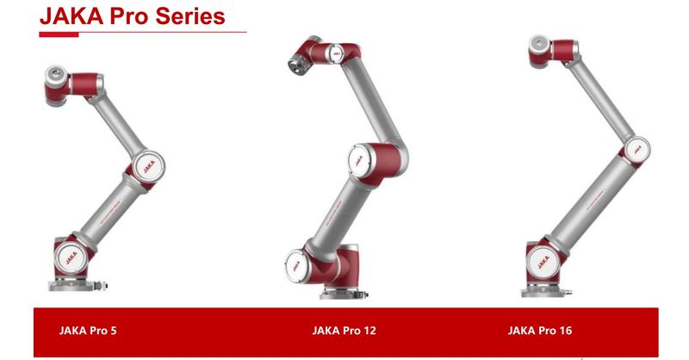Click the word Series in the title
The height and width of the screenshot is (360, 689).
point(190,16)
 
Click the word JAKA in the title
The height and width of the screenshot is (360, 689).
point(71,16)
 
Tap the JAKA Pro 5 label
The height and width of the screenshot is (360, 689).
point(88,331)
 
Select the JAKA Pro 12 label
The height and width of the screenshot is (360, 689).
point(344,331)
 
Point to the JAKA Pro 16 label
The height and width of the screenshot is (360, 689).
point(540,331)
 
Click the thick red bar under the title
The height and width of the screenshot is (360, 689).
point(59,34)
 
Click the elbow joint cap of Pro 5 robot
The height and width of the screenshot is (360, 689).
point(148,166)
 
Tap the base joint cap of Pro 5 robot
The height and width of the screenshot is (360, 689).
point(71,258)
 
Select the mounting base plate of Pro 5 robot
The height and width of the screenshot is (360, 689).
point(72,285)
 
